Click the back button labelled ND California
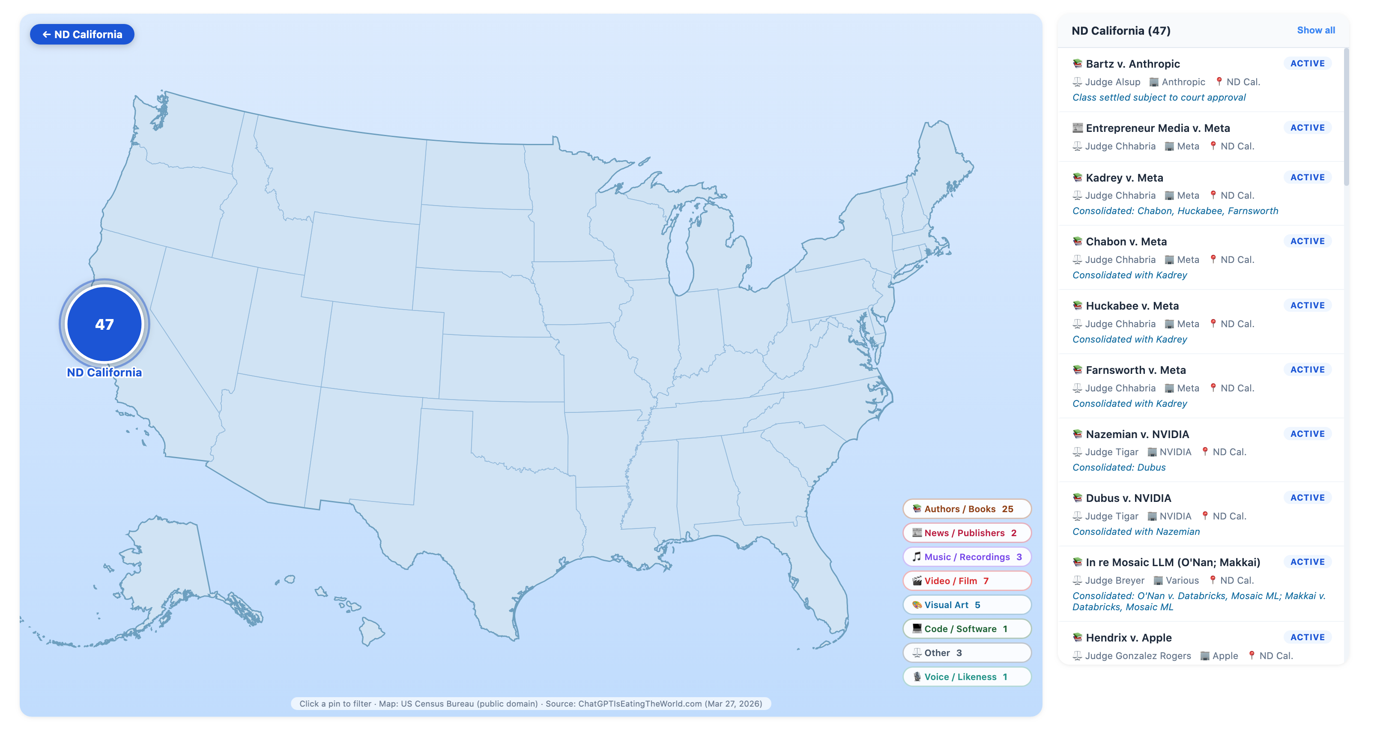[x=82, y=34]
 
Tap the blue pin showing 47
[x=105, y=324]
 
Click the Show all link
[x=1315, y=30]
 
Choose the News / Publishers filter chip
[x=966, y=533]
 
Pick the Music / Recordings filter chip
[x=966, y=557]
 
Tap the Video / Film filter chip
[x=966, y=581]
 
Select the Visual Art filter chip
[x=966, y=604]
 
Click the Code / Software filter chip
[x=966, y=629]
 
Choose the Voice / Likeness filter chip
[x=966, y=677]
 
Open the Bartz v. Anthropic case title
[x=1132, y=64]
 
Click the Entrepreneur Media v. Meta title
[x=1157, y=128]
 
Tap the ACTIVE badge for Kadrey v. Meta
[x=1307, y=177]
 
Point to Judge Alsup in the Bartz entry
[x=1112, y=82]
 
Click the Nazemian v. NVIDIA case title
[x=1137, y=434]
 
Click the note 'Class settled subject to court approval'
[x=1158, y=98]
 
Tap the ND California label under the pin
[x=105, y=373]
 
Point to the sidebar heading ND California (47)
[x=1121, y=30]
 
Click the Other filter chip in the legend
[x=966, y=653]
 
